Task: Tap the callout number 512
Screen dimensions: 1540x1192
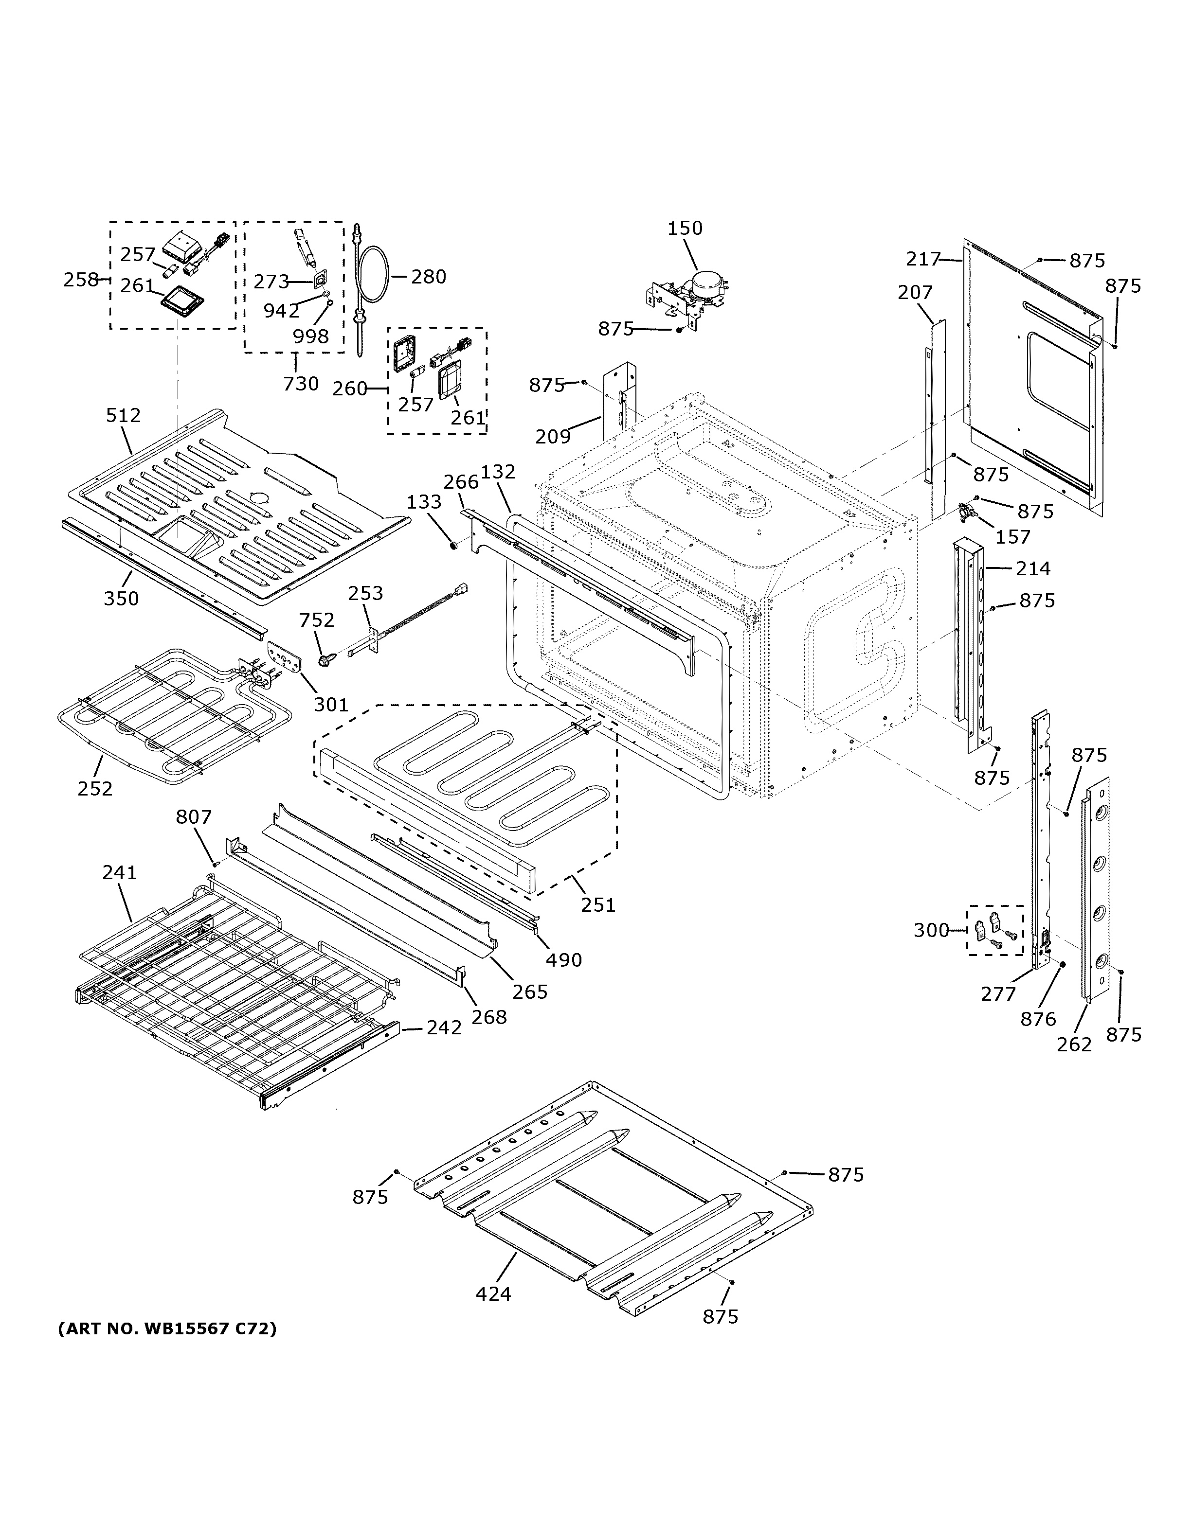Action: (124, 415)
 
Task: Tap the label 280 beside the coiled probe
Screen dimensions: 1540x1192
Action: (428, 276)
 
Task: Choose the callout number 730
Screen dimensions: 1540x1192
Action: (301, 384)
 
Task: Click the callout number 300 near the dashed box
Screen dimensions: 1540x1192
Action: (931, 930)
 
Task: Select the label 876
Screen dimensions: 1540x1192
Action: (1038, 1018)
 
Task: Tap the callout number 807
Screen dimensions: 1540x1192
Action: (193, 816)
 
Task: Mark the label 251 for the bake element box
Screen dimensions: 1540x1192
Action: (598, 904)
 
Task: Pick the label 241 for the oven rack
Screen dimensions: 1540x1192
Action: (119, 872)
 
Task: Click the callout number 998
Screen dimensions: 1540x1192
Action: (310, 336)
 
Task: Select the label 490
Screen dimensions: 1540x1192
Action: (563, 960)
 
